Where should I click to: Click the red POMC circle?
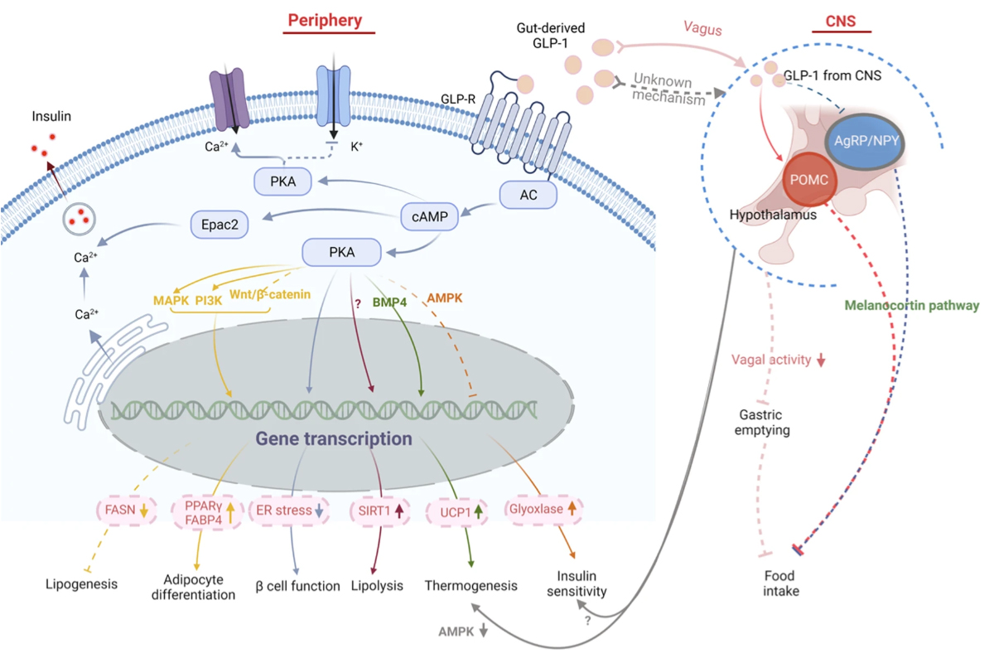(809, 179)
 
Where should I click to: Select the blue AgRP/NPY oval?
(865, 141)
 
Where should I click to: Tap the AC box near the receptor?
(528, 195)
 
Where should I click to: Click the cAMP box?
(430, 216)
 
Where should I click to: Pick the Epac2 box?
(220, 225)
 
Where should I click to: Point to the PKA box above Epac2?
(282, 181)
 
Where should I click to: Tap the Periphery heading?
(325, 20)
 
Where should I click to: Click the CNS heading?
(841, 21)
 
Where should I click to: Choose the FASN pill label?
(127, 510)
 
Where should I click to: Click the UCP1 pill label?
(457, 512)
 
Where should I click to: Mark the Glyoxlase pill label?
(543, 509)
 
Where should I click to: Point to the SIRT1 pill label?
(380, 511)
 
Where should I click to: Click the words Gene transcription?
(334, 438)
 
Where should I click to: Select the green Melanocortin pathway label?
(911, 306)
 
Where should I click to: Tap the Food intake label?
(780, 583)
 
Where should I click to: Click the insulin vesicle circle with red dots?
(79, 219)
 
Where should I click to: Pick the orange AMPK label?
(444, 298)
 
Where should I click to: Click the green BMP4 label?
(389, 302)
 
